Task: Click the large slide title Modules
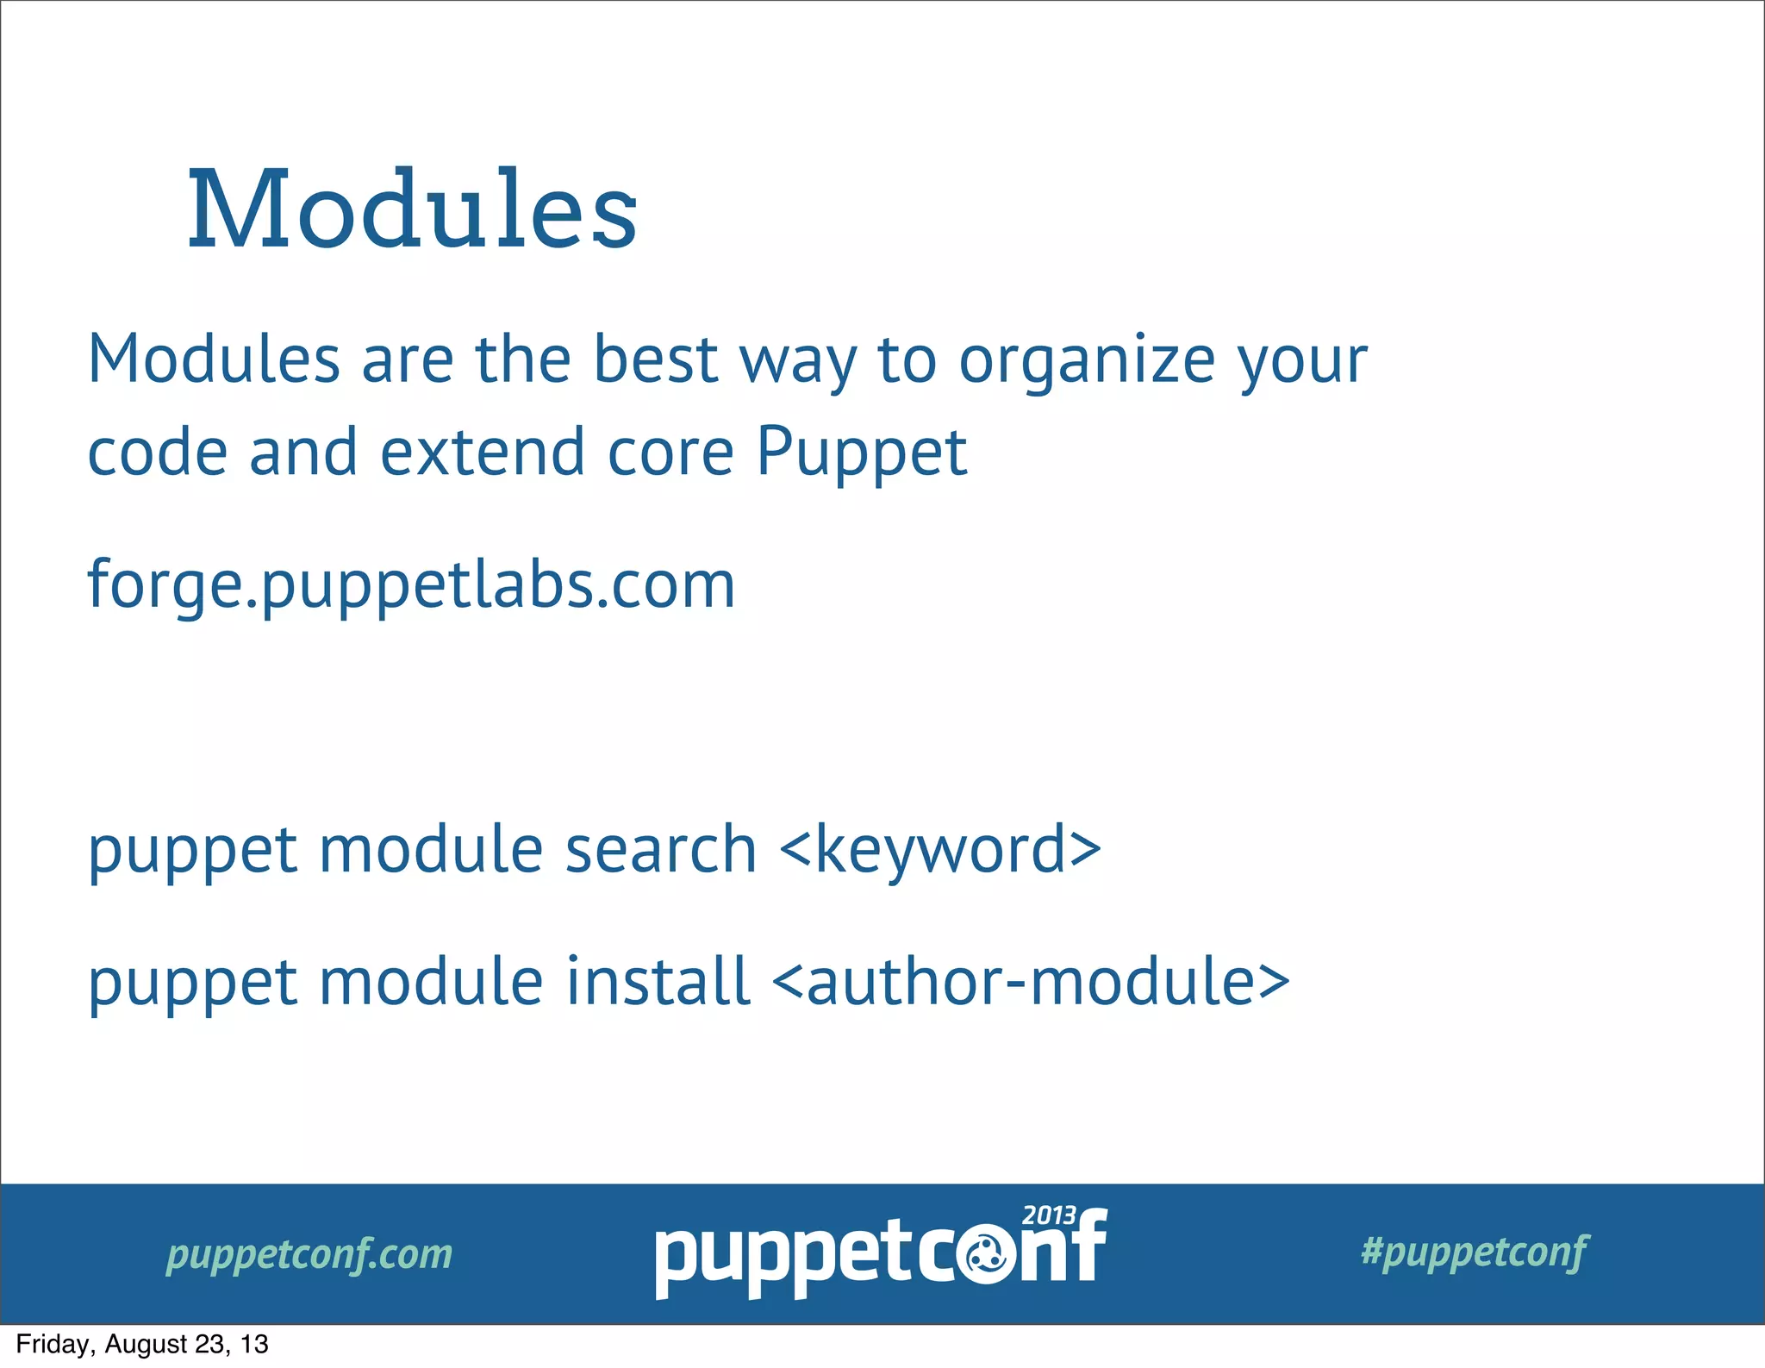[x=412, y=209]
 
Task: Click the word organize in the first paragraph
[x=1088, y=360]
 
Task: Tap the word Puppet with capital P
[x=861, y=453]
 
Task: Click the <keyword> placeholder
[x=939, y=850]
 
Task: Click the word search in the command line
[x=660, y=850]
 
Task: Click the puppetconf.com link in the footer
[x=309, y=1253]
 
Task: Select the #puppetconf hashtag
[x=1474, y=1252]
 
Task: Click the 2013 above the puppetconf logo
[x=1048, y=1215]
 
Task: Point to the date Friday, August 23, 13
[x=142, y=1344]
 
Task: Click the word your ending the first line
[x=1302, y=360]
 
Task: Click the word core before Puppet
[x=670, y=453]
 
